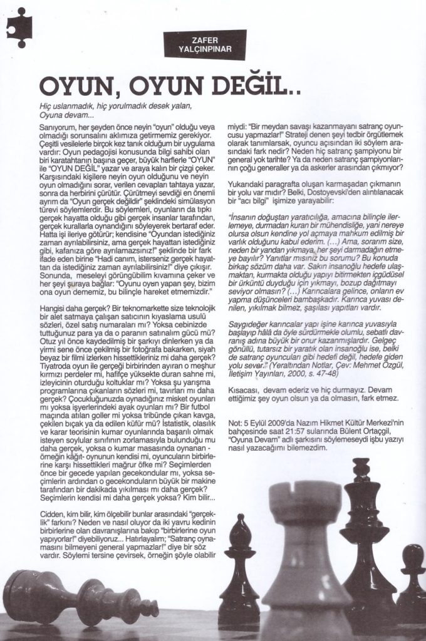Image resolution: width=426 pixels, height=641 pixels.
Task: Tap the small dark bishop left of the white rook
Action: point(239,570)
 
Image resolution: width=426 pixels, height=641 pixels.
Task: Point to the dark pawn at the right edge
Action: point(412,582)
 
